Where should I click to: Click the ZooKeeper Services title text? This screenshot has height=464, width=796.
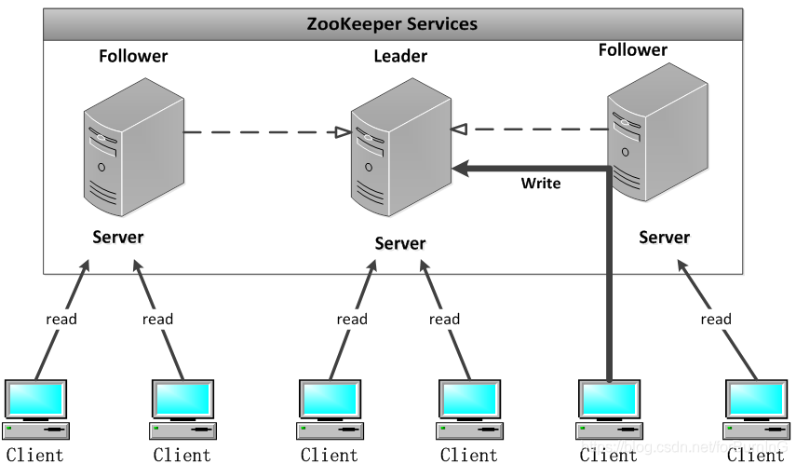[392, 24]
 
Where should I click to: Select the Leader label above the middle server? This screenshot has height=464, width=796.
[400, 57]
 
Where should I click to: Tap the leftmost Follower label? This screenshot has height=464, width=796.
[133, 56]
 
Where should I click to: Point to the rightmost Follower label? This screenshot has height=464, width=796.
[633, 49]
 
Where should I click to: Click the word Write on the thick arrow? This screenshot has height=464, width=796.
[541, 184]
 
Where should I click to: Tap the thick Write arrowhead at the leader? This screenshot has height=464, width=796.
[461, 168]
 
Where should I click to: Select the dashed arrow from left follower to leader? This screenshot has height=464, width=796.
[261, 132]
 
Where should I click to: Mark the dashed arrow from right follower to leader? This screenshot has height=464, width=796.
[531, 130]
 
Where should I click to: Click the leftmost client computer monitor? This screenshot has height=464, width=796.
[35, 399]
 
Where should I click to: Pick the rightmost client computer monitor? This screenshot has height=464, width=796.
[755, 399]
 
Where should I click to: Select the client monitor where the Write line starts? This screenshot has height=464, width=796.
[608, 399]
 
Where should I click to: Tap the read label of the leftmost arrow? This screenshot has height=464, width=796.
[61, 319]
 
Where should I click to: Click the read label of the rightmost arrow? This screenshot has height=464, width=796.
[715, 319]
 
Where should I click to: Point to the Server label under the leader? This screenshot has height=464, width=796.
[400, 243]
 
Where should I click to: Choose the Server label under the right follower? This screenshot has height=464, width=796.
[665, 238]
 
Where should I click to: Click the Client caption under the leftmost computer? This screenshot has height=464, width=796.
[34, 455]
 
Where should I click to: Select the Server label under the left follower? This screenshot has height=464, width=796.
[118, 237]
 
